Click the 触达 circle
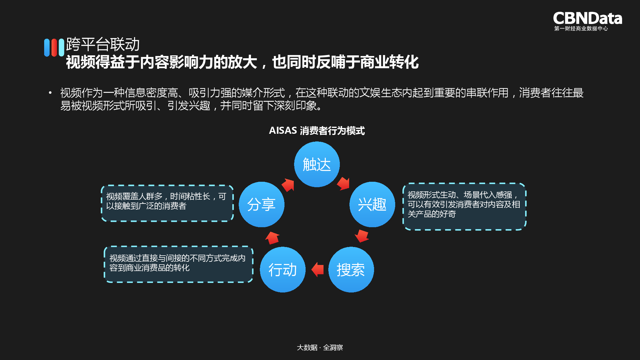(317, 164)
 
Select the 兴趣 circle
(372, 204)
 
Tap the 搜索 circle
(351, 269)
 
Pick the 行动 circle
(283, 269)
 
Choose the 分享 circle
(261, 204)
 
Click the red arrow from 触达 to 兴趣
(343, 183)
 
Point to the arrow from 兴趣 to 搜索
(362, 236)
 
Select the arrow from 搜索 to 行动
(318, 269)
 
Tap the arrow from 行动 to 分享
(272, 238)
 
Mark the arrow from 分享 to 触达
(288, 185)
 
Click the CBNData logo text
(588, 18)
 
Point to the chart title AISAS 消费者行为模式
(317, 131)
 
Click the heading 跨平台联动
(103, 44)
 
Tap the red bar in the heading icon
(54, 47)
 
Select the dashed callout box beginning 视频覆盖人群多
(167, 203)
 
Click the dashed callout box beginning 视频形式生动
(464, 206)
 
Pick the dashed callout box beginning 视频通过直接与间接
(178, 264)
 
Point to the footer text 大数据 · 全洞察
(320, 348)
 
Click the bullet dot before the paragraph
(50, 93)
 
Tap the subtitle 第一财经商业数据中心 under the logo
(581, 28)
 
